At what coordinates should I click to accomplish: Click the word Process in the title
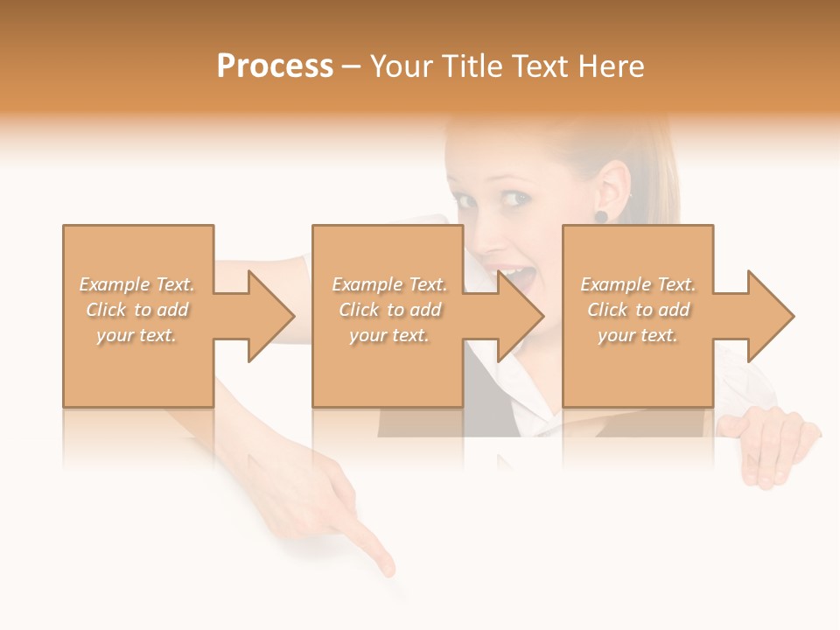[x=275, y=66]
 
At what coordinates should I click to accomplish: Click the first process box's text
[x=137, y=310]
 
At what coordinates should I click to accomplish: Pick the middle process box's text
[x=389, y=310]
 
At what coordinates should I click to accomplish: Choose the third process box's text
[x=638, y=310]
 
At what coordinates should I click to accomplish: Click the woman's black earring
[x=601, y=216]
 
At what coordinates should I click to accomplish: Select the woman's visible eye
[x=517, y=199]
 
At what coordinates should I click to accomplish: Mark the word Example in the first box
[x=115, y=284]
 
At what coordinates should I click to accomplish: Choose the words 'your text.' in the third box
[x=638, y=335]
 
